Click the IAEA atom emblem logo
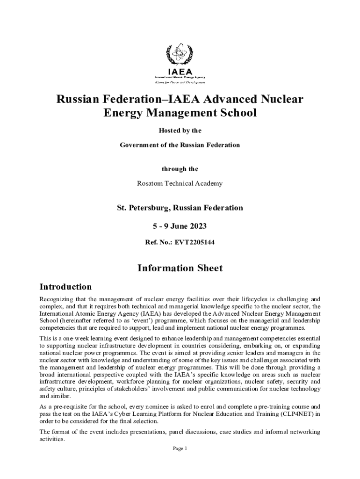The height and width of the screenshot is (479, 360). [x=180, y=55]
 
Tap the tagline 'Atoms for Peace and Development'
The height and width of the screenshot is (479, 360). [x=180, y=82]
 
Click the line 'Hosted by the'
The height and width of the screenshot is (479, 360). [x=180, y=131]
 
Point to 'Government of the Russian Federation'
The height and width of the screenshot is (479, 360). [x=180, y=145]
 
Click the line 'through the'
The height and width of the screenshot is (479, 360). [x=180, y=169]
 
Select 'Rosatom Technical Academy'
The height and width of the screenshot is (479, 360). [x=180, y=183]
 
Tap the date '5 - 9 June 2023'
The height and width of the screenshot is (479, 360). [x=180, y=226]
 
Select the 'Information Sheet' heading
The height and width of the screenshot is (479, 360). [x=180, y=268]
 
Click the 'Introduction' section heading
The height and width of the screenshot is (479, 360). [x=65, y=287]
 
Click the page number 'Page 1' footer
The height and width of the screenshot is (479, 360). [x=180, y=449]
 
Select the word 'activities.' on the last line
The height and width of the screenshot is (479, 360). [x=52, y=440]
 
